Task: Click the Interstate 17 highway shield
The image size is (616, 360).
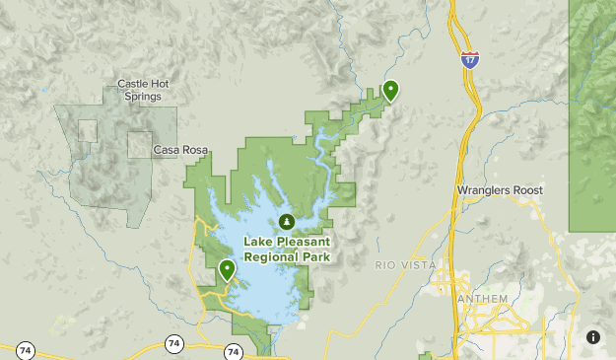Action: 471,58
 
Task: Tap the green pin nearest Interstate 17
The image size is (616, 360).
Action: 390,90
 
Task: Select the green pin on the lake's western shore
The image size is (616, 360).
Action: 227,269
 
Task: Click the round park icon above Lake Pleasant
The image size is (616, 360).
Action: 286,221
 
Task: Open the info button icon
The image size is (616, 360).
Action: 593,337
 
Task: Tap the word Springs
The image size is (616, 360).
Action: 143,97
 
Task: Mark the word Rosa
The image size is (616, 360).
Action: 195,150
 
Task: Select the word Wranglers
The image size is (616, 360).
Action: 483,189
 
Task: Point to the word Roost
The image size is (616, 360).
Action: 527,189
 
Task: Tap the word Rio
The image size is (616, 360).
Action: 385,265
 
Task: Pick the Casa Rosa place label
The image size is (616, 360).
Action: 180,150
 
